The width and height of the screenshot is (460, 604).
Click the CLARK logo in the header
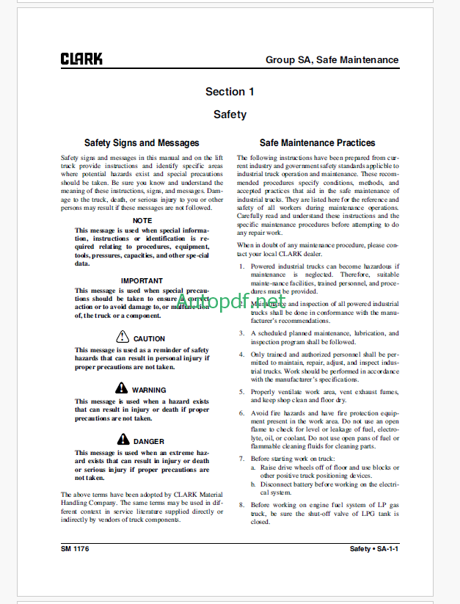(x=82, y=59)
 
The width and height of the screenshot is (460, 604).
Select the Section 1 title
(x=230, y=92)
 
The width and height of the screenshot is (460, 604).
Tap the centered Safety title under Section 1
(x=230, y=114)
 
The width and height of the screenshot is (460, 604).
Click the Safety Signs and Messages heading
(x=142, y=143)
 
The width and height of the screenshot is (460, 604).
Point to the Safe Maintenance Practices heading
(x=317, y=143)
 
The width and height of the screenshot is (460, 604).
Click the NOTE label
(x=142, y=220)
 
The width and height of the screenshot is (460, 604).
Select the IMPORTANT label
(x=142, y=280)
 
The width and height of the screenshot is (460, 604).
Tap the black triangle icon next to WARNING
(x=123, y=389)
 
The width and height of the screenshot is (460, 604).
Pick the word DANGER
(x=150, y=441)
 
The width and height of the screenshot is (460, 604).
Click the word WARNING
(x=150, y=390)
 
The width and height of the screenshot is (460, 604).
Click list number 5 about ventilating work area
(x=241, y=392)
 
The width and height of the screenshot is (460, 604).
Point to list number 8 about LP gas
(x=241, y=506)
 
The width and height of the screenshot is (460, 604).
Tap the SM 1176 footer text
(x=75, y=549)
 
